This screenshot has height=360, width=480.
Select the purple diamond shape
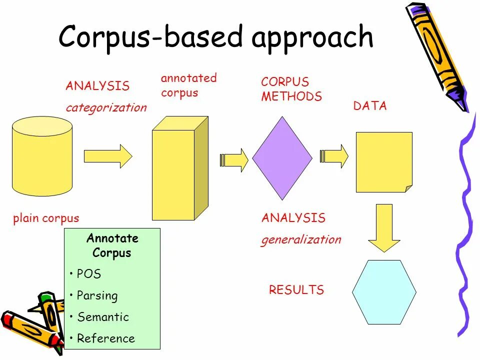[282, 158]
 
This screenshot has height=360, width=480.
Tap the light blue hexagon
[384, 292]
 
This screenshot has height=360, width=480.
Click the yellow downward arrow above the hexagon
[384, 227]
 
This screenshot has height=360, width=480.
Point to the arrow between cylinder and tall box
[107, 156]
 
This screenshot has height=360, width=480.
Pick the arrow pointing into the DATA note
[334, 156]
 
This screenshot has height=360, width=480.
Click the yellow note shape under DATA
[383, 161]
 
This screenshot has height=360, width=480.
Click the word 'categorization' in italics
[106, 107]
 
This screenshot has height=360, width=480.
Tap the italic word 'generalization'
[301, 239]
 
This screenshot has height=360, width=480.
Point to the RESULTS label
[296, 290]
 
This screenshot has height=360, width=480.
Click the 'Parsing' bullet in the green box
[97, 295]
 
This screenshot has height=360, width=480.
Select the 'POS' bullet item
[89, 274]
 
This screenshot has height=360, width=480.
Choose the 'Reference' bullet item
[105, 338]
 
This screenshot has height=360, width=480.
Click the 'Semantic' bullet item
[102, 317]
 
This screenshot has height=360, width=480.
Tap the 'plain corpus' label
[46, 218]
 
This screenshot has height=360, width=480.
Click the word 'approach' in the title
[312, 37]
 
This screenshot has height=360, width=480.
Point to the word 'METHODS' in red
[291, 96]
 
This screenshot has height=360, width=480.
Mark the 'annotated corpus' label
[188, 85]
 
